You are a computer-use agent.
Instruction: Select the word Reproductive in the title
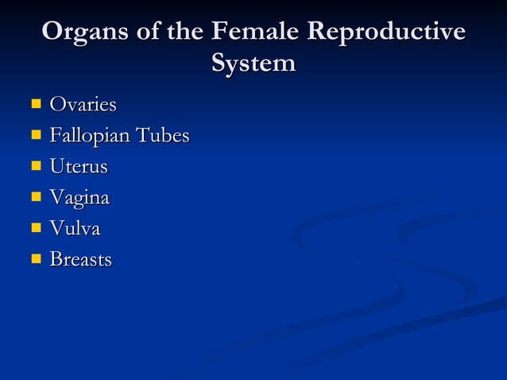(386, 33)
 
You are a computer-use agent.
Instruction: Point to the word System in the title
(253, 63)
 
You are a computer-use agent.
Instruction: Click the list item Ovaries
(83, 104)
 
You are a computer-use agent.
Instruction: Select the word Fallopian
(88, 136)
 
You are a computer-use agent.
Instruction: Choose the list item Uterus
(78, 166)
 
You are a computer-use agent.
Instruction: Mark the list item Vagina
(79, 198)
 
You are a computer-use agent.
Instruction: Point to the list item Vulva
(75, 228)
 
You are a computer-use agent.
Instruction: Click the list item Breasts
(80, 259)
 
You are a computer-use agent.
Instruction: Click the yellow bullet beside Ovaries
(36, 104)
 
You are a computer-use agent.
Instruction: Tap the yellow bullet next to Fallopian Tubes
(36, 135)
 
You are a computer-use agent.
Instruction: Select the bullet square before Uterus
(36, 166)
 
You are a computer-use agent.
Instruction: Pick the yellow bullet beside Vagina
(36, 197)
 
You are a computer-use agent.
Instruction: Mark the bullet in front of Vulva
(36, 228)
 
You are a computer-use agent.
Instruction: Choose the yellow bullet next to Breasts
(36, 259)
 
